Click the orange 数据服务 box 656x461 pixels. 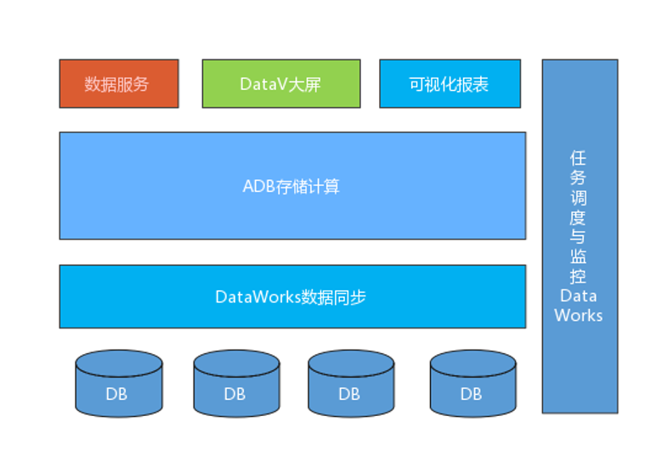pyautogui.click(x=119, y=84)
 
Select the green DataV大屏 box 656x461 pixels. pyautogui.click(x=280, y=84)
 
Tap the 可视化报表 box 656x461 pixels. pyautogui.click(x=450, y=84)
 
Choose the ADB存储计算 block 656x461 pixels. pyautogui.click(x=292, y=186)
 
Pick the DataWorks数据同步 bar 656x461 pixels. pyautogui.click(x=292, y=296)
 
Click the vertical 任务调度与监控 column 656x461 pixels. pyautogui.click(x=580, y=236)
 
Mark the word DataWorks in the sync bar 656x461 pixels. pyautogui.click(x=252, y=297)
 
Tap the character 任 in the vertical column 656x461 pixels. pyautogui.click(x=579, y=159)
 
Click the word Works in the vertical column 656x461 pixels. pyautogui.click(x=579, y=315)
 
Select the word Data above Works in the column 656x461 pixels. pyautogui.click(x=579, y=295)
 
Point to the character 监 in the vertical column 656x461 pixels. pyautogui.click(x=579, y=256)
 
